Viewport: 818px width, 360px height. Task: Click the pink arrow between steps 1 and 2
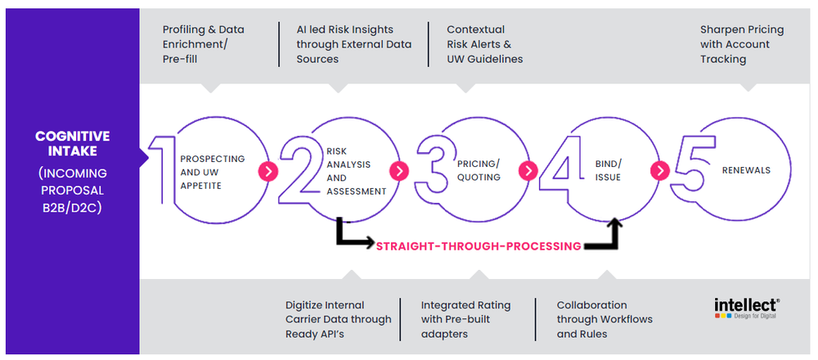coord(268,171)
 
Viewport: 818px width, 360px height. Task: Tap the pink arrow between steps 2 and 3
coord(398,171)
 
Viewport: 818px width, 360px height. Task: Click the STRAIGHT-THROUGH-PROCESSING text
coord(479,245)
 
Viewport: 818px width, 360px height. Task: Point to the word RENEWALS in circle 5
coord(745,171)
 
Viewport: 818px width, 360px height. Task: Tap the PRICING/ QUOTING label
coord(479,171)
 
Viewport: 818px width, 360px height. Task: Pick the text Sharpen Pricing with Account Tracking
coord(741,44)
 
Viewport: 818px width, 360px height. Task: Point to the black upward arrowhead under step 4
coord(615,223)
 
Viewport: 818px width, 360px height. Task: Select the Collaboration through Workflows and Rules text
coord(604,319)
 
